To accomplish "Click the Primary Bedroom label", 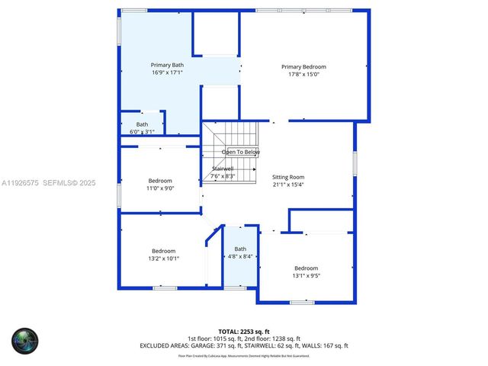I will pyautogui.click(x=303, y=66).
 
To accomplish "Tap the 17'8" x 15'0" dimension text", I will pyautogui.click(x=303, y=75).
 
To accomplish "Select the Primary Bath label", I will pyautogui.click(x=167, y=66).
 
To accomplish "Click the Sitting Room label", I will pyautogui.click(x=288, y=176).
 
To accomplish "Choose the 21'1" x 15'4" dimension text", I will pyautogui.click(x=288, y=185).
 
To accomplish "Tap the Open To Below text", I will pyautogui.click(x=240, y=152).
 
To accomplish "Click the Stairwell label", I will pyautogui.click(x=223, y=169).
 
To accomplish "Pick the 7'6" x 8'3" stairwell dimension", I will pyautogui.click(x=223, y=176).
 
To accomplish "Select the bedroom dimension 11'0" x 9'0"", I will pyautogui.click(x=161, y=188).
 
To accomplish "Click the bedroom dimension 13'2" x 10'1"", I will pyautogui.click(x=164, y=258).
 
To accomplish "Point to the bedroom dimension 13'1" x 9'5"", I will pyautogui.click(x=306, y=276).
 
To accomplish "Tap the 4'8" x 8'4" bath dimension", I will pyautogui.click(x=241, y=257).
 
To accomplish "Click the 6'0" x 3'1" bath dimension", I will pyautogui.click(x=143, y=132).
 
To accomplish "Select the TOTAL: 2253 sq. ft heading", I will pyautogui.click(x=243, y=332).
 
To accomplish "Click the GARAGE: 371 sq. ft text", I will pyautogui.click(x=229, y=345).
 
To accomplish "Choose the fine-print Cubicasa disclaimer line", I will pyautogui.click(x=243, y=355).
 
